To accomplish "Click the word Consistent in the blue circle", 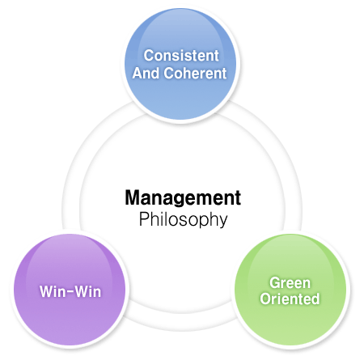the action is click(x=181, y=56).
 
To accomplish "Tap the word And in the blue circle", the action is click(x=146, y=73).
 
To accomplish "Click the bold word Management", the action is click(x=183, y=199).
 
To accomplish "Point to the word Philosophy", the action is click(x=184, y=220).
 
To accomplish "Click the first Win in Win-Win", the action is click(x=51, y=291).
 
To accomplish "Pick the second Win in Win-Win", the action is click(x=88, y=291).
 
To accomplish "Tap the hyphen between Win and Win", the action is click(x=69, y=292).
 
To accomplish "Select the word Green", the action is click(x=290, y=283).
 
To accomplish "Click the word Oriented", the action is click(x=290, y=299).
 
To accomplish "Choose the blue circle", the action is click(x=180, y=64).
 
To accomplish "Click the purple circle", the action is click(x=70, y=290).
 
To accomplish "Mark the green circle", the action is click(x=290, y=290).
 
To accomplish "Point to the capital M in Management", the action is click(x=133, y=197).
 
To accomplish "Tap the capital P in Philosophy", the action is click(x=144, y=218).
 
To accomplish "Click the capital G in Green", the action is click(x=275, y=283).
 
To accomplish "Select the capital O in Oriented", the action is click(x=265, y=299).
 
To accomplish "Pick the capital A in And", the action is click(x=138, y=74).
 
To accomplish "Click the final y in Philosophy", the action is click(x=222, y=222).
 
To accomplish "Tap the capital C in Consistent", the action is click(x=149, y=56).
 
